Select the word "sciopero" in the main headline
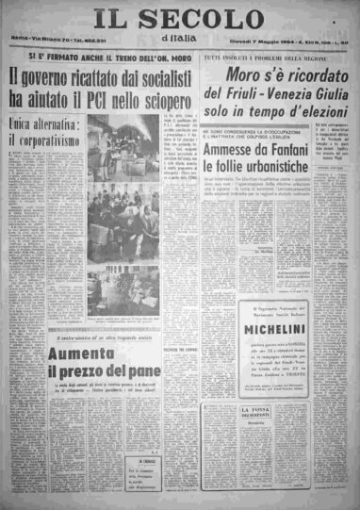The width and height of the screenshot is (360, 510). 166,96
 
